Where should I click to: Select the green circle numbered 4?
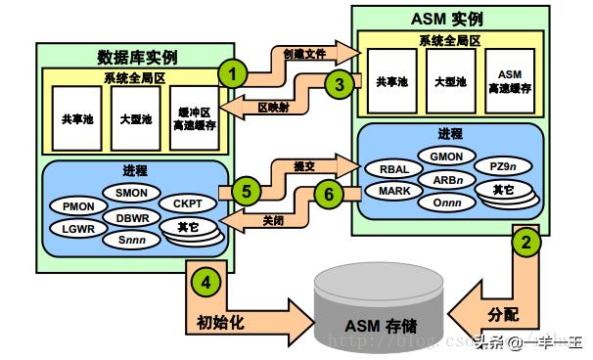(x=205, y=280)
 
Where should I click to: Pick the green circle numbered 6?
(x=330, y=194)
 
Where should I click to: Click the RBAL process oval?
(x=393, y=167)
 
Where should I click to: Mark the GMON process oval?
(x=445, y=154)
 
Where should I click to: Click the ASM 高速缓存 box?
(x=509, y=81)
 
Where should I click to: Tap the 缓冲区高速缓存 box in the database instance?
(x=193, y=118)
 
